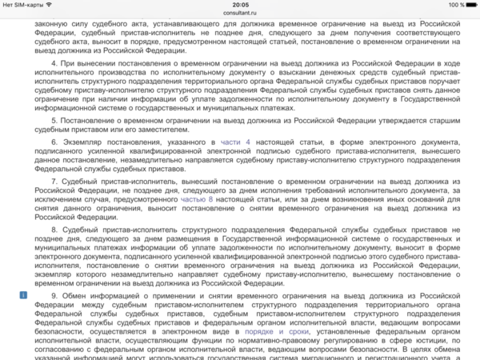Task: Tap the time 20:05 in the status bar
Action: click(x=240, y=4)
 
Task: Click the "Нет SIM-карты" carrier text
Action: click(x=22, y=5)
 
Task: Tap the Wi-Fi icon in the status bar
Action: click(x=50, y=5)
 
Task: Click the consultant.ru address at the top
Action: click(x=240, y=13)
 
